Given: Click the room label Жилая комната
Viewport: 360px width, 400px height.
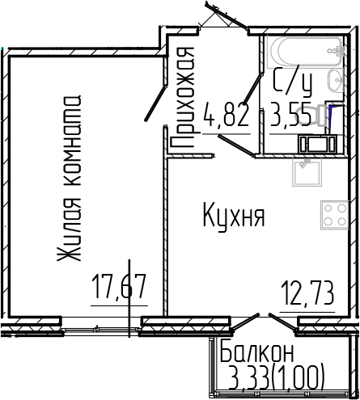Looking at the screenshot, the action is tap(69, 178).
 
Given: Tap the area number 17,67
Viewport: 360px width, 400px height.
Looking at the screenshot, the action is tap(119, 287).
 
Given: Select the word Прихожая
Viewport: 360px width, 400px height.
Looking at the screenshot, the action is tap(183, 97).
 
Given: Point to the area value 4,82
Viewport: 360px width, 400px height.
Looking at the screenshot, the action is tap(226, 116).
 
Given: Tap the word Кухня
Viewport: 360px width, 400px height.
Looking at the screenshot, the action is tap(234, 217).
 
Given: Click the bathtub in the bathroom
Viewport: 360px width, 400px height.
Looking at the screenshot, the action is tap(306, 52).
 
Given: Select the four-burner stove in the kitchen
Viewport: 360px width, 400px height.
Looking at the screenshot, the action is tap(335, 215).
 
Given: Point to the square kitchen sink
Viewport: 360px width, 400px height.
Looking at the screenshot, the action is tap(307, 172).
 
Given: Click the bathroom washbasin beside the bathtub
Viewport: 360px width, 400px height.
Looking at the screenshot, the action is tap(336, 80).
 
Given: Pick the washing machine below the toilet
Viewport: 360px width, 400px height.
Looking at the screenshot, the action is tap(317, 144).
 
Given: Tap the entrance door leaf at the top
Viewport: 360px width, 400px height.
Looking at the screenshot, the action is tap(226, 14).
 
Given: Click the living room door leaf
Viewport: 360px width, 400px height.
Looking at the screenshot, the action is tap(155, 103).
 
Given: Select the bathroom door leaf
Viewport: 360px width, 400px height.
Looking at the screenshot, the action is tap(252, 90).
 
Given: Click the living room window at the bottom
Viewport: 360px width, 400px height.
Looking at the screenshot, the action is tap(100, 329).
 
